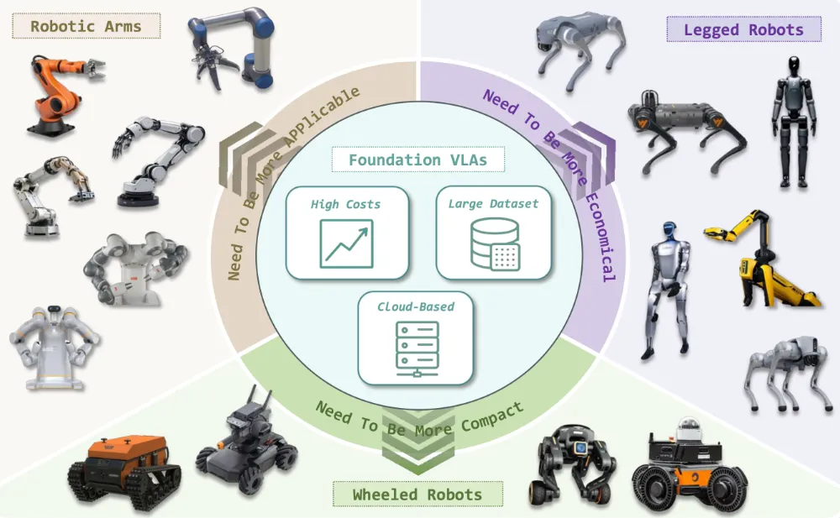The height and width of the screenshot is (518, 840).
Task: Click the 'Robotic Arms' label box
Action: point(87,26)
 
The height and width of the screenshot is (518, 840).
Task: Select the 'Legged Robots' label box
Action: point(743,29)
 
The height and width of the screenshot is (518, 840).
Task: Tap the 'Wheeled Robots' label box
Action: point(417,494)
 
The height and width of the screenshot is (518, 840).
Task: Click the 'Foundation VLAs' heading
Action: point(417,160)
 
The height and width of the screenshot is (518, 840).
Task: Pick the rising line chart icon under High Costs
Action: point(346,243)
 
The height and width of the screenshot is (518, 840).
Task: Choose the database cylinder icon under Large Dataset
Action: point(495,244)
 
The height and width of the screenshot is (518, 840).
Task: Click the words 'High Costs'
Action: point(345,204)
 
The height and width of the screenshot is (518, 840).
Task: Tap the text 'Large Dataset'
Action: point(493,203)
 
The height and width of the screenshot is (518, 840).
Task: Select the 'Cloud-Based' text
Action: point(416,306)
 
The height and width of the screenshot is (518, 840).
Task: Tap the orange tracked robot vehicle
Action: point(124,472)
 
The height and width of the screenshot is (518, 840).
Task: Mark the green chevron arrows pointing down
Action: point(417,439)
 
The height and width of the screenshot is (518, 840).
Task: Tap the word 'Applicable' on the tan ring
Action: point(323,116)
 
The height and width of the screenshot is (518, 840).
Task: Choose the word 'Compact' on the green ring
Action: point(492,416)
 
